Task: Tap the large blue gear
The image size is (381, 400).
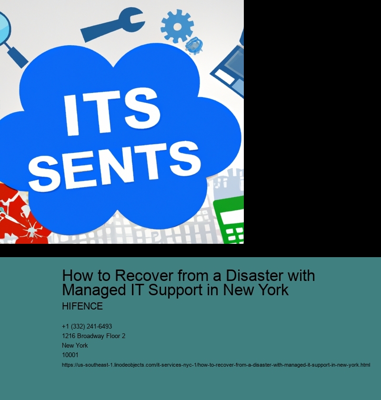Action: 177,26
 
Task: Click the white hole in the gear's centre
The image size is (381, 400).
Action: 177,27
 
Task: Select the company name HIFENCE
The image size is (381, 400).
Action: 82,306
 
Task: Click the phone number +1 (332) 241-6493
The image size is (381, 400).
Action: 87,326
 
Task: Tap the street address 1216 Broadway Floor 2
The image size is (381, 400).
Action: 94,336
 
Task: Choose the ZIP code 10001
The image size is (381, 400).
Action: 70,355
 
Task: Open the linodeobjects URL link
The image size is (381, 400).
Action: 216,365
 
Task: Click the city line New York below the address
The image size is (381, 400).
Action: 75,345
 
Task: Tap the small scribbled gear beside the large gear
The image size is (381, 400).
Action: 194,45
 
